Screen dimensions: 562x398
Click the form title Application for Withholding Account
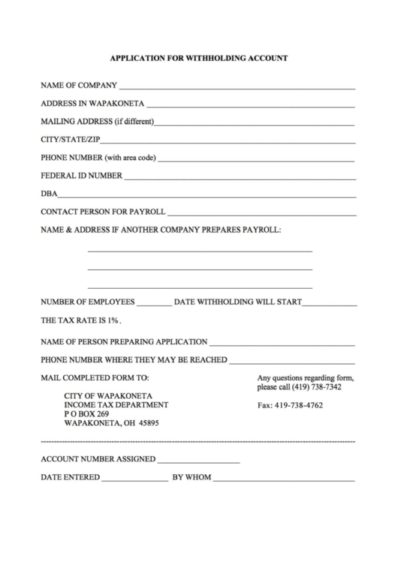tap(199, 57)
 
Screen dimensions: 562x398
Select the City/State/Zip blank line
tap(228, 140)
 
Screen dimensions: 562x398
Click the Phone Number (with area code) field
tap(256, 159)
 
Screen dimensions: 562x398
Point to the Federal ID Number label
tap(81, 176)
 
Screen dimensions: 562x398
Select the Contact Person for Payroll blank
tap(261, 213)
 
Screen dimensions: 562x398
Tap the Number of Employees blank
tap(154, 304)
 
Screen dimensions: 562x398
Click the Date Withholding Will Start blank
tap(329, 304)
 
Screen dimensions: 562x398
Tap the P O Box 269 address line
tap(87, 413)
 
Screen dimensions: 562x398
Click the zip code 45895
tap(146, 422)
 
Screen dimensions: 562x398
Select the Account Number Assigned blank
tap(198, 460)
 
